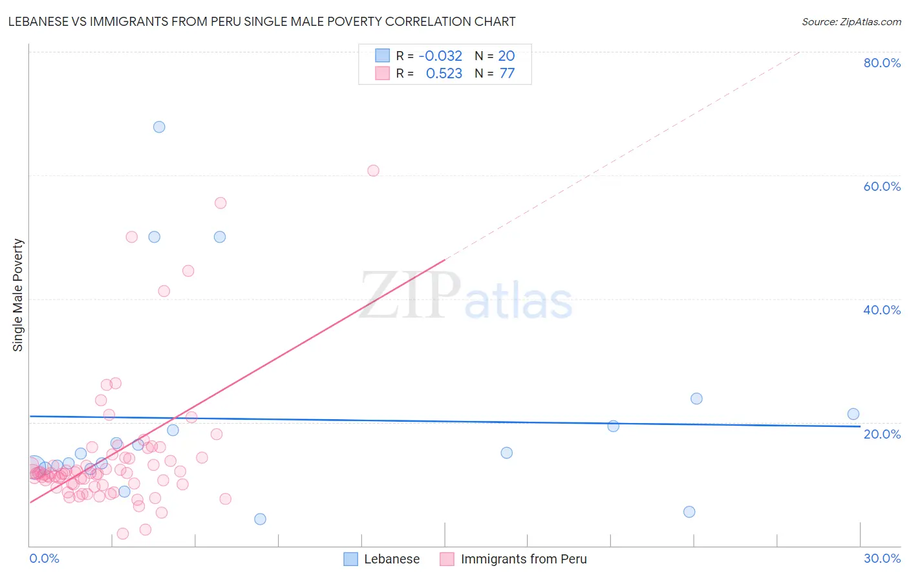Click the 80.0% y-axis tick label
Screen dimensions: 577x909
882,63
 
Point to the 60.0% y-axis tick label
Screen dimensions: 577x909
882,186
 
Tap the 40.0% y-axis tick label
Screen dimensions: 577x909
882,310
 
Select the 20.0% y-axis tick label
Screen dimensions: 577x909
882,434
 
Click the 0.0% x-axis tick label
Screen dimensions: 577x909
44,558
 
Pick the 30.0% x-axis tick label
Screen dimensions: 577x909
882,558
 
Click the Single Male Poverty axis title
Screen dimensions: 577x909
18,295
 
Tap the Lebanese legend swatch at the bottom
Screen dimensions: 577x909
350,559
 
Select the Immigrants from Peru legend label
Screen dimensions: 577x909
524,559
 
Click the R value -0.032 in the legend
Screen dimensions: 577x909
440,56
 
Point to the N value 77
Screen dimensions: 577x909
507,74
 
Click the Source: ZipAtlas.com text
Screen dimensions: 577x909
851,22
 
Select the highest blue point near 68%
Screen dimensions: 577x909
159,127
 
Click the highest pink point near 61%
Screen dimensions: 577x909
373,171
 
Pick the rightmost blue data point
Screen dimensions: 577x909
853,414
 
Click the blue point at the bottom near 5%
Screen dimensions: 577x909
689,512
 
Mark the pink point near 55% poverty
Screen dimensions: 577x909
220,203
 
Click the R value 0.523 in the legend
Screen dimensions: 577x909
444,74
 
